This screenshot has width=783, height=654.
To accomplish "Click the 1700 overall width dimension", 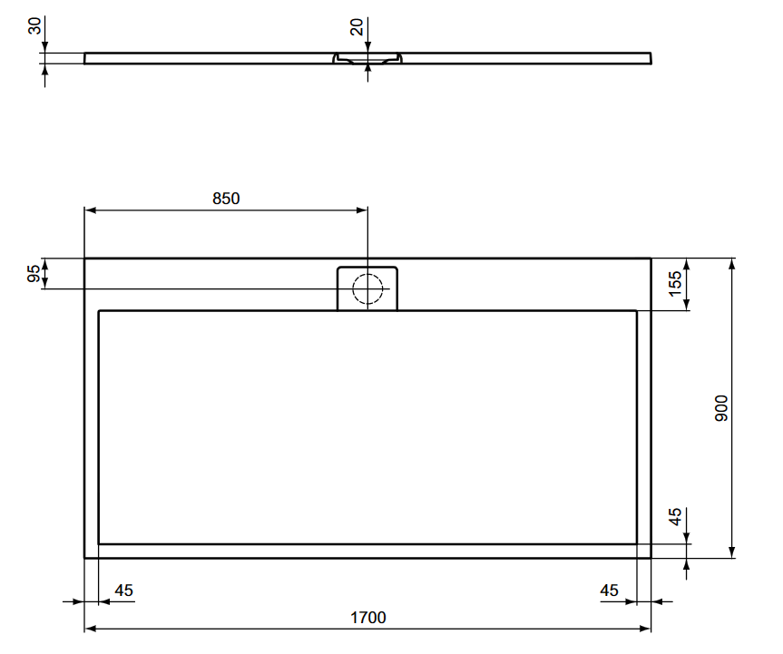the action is (x=368, y=618).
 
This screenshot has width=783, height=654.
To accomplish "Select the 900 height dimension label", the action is (x=721, y=408).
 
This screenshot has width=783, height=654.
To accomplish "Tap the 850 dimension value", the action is (x=226, y=199).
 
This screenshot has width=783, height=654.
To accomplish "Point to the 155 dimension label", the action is (x=675, y=284).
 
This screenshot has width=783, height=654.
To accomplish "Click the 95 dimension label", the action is (x=34, y=274).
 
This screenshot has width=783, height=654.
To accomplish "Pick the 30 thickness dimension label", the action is (x=34, y=26).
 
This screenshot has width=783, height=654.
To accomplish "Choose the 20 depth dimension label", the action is (x=357, y=27).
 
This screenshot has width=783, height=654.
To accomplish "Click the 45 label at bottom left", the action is (x=123, y=591).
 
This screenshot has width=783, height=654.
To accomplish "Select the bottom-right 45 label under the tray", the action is (x=609, y=591).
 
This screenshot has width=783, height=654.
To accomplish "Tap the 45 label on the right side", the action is (x=675, y=517).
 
